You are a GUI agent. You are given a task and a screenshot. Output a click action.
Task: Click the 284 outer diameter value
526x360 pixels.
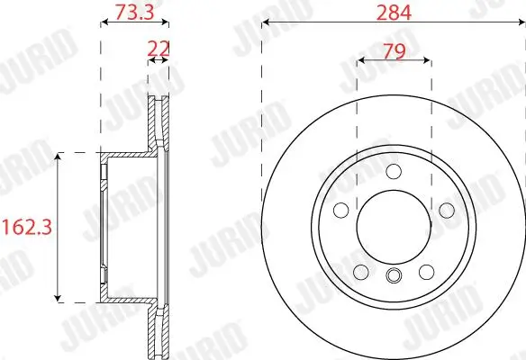point(393,13)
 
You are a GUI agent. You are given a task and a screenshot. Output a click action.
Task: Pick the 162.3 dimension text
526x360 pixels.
point(24,227)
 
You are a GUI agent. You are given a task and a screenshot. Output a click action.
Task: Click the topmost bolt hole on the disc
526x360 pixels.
point(393,172)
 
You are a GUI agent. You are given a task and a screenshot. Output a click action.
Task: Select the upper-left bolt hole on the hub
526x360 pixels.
point(340,210)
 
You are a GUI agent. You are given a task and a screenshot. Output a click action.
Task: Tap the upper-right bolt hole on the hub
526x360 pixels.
point(445,210)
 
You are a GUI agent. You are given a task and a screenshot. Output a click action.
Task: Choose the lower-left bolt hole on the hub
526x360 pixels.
point(360,271)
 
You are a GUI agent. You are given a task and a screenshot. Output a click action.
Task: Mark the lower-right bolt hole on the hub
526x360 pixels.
point(425,271)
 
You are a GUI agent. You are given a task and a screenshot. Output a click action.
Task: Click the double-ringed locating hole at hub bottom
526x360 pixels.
point(393,275)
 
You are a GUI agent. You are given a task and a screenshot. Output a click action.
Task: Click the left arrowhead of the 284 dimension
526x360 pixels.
point(265,23)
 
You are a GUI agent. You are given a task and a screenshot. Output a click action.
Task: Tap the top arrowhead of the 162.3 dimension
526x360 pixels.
point(59,157)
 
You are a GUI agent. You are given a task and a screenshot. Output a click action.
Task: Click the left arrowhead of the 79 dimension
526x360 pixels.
point(360,60)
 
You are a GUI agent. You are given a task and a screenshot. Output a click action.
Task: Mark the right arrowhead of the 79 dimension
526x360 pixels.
point(426,60)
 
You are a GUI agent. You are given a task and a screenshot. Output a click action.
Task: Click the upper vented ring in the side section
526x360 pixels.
point(159,117)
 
